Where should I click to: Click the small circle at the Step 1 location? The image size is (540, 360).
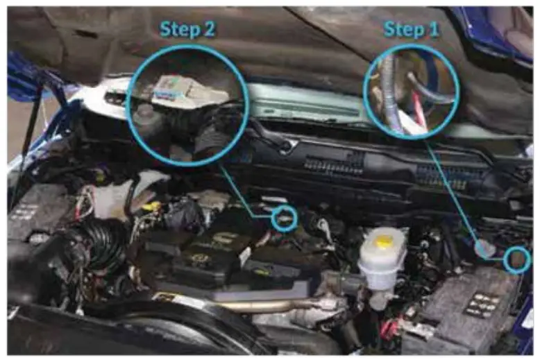point(517,259)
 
